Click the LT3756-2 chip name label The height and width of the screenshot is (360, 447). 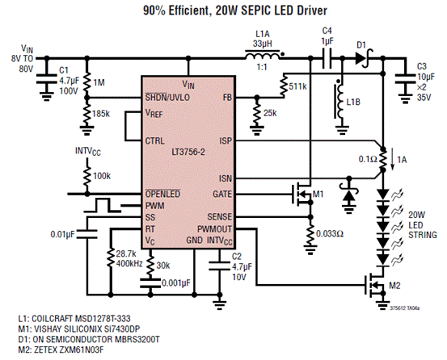pyautogui.click(x=188, y=152)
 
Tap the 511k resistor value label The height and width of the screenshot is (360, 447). pyautogui.click(x=297, y=86)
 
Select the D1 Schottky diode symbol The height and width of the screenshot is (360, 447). pyautogui.click(x=364, y=58)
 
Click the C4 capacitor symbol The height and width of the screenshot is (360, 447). pyautogui.click(x=327, y=58)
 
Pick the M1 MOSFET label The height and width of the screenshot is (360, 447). pyautogui.click(x=318, y=195)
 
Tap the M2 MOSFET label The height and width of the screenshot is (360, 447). pyautogui.click(x=394, y=286)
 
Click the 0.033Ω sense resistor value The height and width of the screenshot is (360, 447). pyautogui.click(x=330, y=234)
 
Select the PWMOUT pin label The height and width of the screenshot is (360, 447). pyautogui.click(x=214, y=229)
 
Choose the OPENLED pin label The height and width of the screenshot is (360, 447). pyautogui.click(x=162, y=194)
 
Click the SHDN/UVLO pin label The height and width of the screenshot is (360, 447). pyautogui.click(x=167, y=98)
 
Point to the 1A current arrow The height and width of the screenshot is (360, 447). pyautogui.click(x=393, y=162)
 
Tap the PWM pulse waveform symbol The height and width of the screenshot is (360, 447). pyautogui.click(x=103, y=206)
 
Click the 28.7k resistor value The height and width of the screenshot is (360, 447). pyautogui.click(x=127, y=253)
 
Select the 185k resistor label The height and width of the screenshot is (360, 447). pyautogui.click(x=101, y=114)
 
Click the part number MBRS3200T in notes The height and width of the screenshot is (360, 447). pyautogui.click(x=137, y=339)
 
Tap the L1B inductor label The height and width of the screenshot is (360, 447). pyautogui.click(x=353, y=102)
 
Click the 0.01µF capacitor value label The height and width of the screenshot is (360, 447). pyautogui.click(x=62, y=235)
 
